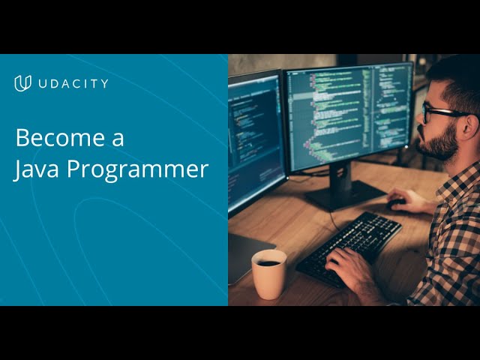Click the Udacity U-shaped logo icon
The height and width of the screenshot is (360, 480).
click(22, 83)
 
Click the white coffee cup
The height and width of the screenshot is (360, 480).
click(268, 274)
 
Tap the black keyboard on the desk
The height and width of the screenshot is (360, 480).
click(349, 244)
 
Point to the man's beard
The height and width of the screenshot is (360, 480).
click(440, 142)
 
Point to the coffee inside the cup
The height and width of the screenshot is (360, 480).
click(268, 262)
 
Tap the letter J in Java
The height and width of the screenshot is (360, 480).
click(19, 169)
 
